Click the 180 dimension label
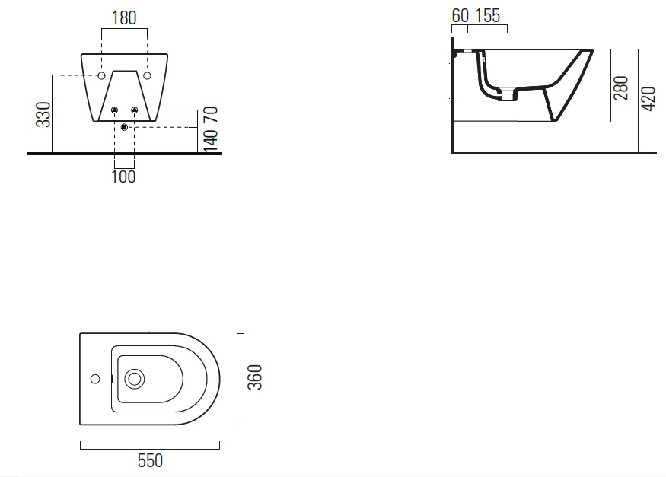[x=124, y=18]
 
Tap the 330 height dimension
[x=43, y=115]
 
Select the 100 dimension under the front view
[x=123, y=176]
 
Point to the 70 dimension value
[x=211, y=115]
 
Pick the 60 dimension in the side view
[x=460, y=16]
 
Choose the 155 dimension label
[x=488, y=16]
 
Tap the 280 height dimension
[x=621, y=87]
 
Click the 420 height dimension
[x=648, y=99]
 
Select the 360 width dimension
[x=255, y=377]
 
